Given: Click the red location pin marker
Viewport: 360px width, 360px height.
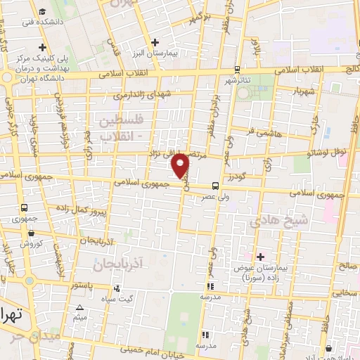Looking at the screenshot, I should tap(182, 165).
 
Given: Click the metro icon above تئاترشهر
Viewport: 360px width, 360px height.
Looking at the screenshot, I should tap(237, 70).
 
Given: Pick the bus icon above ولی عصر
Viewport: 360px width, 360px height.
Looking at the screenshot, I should tap(214, 186).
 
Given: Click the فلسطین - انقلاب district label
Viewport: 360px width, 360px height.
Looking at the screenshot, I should tap(123, 127).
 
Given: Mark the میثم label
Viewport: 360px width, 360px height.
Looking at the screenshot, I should tap(80, 318).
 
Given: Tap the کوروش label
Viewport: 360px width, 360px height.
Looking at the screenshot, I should tap(30, 243).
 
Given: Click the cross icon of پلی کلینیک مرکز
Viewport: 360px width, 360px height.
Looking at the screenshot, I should tap(43, 47).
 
